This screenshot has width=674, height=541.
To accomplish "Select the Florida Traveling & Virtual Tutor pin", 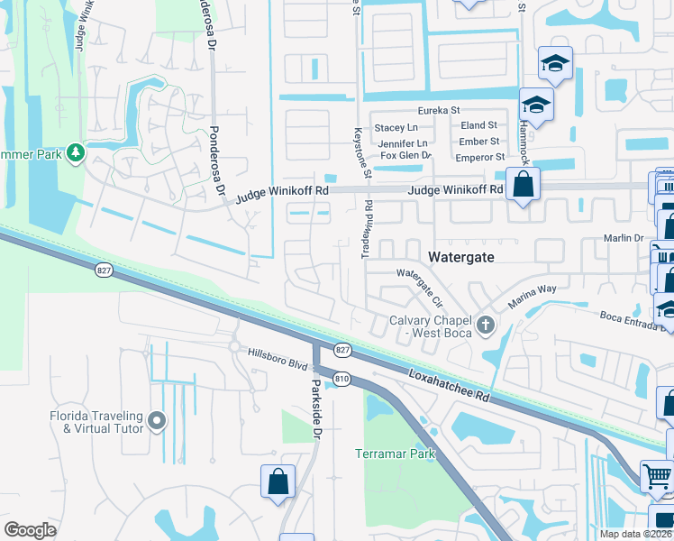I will pos(157,421).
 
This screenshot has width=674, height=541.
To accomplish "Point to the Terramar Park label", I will pos(396,453).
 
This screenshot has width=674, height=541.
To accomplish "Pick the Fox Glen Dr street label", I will pos(405,156).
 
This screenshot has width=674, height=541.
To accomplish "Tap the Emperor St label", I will pos(477,157).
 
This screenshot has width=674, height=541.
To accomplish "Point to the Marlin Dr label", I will pos(623,239).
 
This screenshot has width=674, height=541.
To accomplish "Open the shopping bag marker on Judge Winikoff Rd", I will pos(522,186).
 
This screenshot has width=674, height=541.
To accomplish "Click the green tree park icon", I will pos(76,152).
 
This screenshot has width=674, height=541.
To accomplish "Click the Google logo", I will pos(30,530).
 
